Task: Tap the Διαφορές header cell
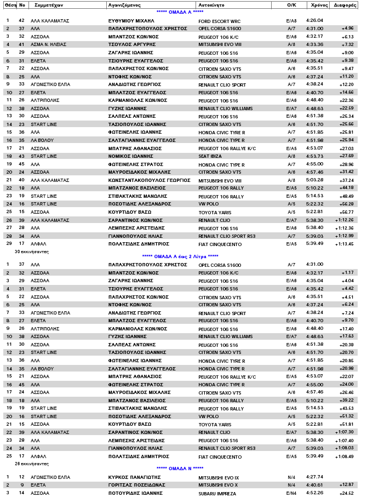point(345,4)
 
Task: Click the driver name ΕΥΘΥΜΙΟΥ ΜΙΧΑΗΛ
point(131,20)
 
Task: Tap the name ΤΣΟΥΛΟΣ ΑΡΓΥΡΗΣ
point(130,44)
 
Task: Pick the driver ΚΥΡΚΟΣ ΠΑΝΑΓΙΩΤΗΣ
point(133,477)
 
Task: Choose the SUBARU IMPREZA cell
point(215,493)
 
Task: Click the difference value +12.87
point(346,485)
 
